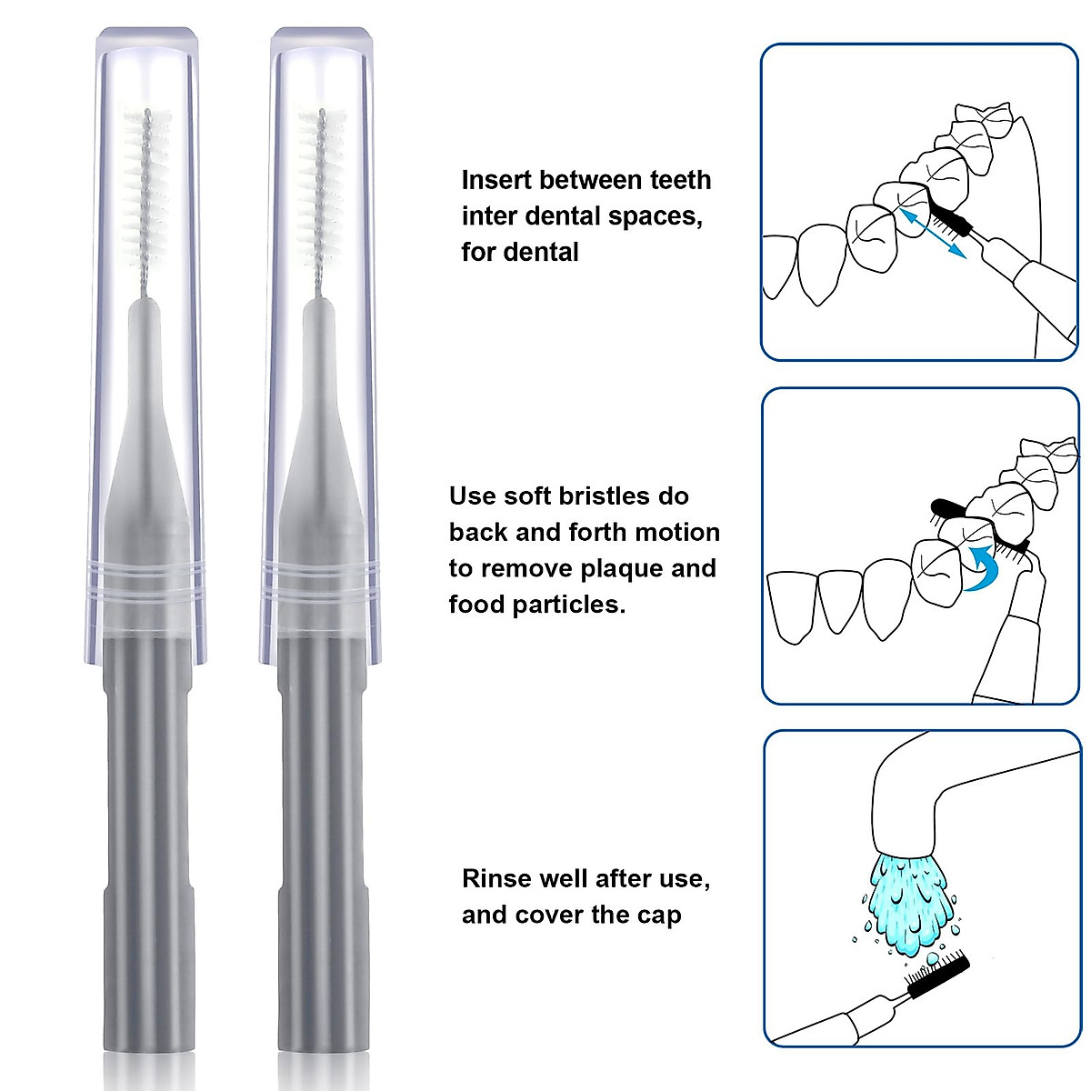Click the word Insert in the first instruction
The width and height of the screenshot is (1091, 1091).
pos(496,180)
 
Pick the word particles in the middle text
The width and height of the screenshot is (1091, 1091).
pos(570,606)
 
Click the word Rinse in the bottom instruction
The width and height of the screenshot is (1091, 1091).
pos(496,879)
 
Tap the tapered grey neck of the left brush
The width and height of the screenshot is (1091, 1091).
pos(146,436)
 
